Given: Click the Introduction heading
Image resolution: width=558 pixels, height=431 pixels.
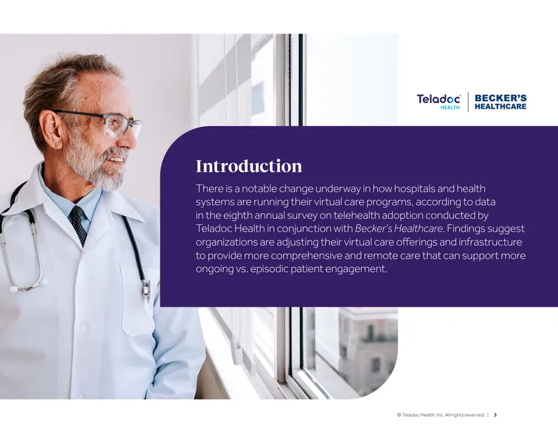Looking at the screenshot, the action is pos(249,166).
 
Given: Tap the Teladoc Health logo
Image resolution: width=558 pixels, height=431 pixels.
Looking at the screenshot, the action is pos(439,101).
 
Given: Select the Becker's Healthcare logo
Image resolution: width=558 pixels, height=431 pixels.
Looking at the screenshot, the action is pos(500,102).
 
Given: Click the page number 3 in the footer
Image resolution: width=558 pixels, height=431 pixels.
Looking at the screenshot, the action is pos(495,415).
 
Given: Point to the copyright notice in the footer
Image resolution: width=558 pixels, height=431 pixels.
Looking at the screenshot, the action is pos(441,415).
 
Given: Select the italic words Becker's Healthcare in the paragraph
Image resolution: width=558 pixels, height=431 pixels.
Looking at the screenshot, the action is pos(399,229).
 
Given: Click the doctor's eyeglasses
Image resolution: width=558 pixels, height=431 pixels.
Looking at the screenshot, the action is pos(107,123).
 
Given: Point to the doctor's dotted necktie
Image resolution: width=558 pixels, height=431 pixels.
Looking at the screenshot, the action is pos(79,225).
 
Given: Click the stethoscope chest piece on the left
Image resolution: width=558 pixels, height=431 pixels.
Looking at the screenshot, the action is pos(14,289).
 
